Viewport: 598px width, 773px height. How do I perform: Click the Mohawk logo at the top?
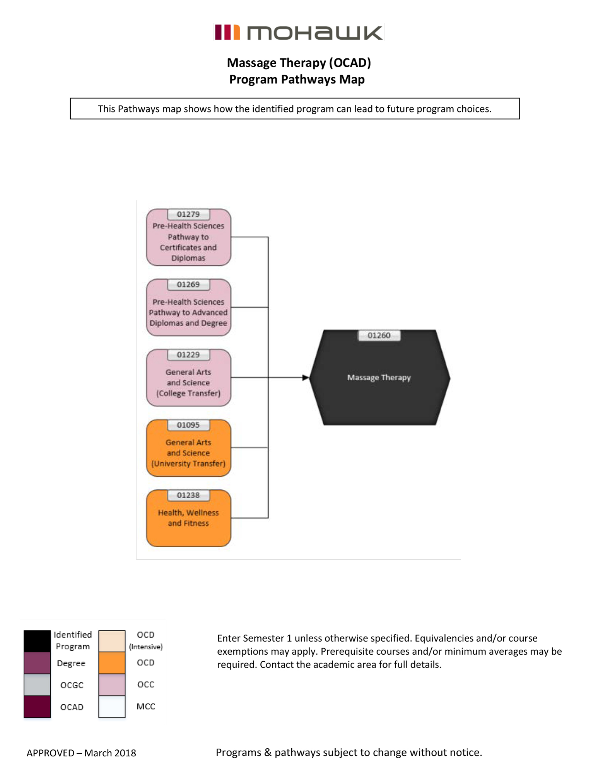tap(299, 32)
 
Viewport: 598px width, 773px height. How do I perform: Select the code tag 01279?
tap(188, 214)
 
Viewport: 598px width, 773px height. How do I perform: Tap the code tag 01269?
tap(188, 284)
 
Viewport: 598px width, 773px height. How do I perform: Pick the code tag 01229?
tap(188, 355)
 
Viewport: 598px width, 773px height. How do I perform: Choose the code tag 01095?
tap(188, 425)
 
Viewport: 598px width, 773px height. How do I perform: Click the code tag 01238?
tap(188, 495)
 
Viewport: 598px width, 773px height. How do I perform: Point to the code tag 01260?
tap(379, 335)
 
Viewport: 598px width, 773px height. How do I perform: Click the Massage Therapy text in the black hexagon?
tap(379, 377)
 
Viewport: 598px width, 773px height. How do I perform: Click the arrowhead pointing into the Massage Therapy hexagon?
tap(306, 378)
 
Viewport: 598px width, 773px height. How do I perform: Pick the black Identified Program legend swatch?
tap(37, 641)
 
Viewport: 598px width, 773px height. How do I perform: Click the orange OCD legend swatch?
tap(112, 663)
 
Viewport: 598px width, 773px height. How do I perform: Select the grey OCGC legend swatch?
tap(37, 684)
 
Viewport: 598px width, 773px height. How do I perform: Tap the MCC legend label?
tap(146, 707)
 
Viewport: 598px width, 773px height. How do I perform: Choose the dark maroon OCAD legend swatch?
tap(37, 707)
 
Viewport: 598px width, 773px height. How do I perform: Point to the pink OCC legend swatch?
tap(112, 684)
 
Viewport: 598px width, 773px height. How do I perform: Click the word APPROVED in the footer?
tap(50, 753)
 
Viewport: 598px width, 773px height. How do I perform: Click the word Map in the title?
tap(352, 79)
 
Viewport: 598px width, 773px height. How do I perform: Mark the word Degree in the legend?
tap(71, 663)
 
